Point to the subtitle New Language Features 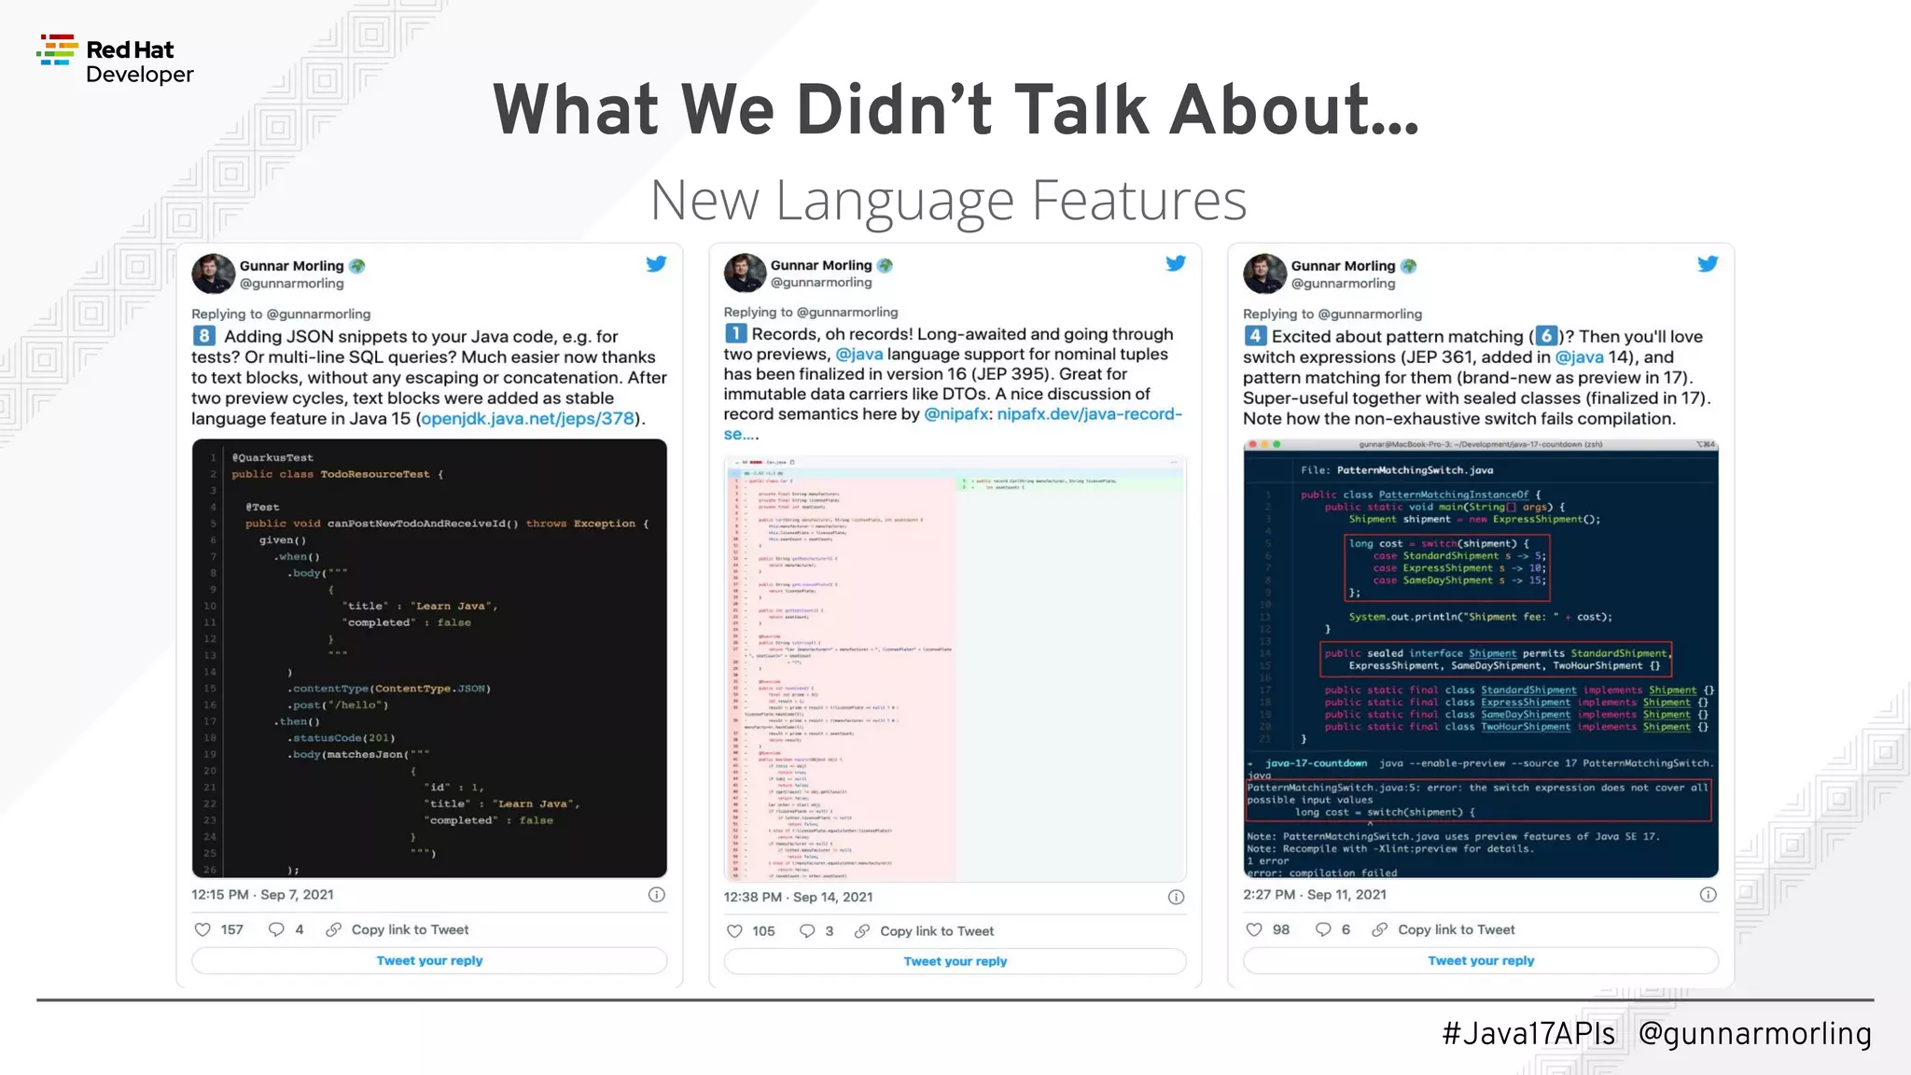(948, 200)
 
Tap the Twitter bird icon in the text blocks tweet (656, 264)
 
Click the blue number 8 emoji (204, 336)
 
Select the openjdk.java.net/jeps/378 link (527, 419)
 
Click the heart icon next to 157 (202, 929)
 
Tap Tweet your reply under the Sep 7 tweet (429, 960)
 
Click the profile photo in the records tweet (744, 272)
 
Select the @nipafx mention (955, 414)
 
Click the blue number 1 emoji (735, 334)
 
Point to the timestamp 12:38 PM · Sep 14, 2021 (798, 897)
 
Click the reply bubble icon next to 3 (807, 931)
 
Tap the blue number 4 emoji (1255, 336)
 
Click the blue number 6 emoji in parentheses (1546, 336)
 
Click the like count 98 (1281, 929)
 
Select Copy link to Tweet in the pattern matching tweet (1456, 929)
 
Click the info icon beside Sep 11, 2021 (1708, 895)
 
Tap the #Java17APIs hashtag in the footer (1528, 1034)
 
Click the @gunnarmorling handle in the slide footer (1754, 1034)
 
